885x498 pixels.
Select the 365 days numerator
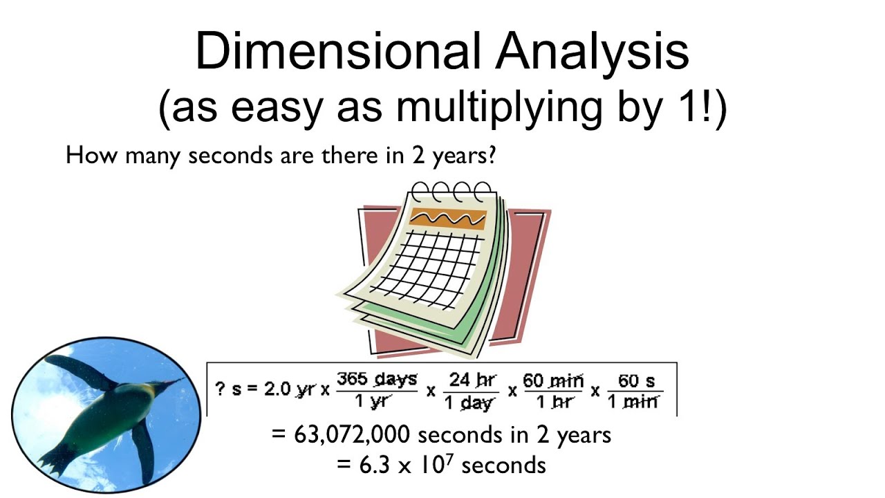[377, 379]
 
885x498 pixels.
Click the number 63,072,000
[353, 435]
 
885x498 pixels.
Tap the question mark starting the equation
[221, 389]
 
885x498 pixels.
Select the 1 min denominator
[633, 401]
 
